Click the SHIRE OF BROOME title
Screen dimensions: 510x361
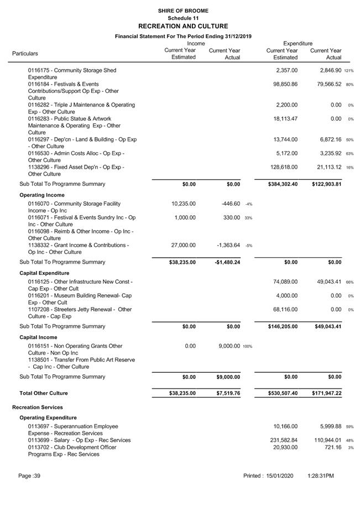coord(183,11)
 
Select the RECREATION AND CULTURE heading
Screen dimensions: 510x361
coord(183,26)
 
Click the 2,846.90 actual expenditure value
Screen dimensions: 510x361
coord(326,70)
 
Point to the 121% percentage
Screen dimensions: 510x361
coord(349,71)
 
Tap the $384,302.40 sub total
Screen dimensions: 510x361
coord(278,184)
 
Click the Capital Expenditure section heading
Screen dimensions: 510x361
coord(44,273)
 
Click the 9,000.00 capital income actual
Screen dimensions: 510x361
coord(227,346)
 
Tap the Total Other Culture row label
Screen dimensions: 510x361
coord(44,393)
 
